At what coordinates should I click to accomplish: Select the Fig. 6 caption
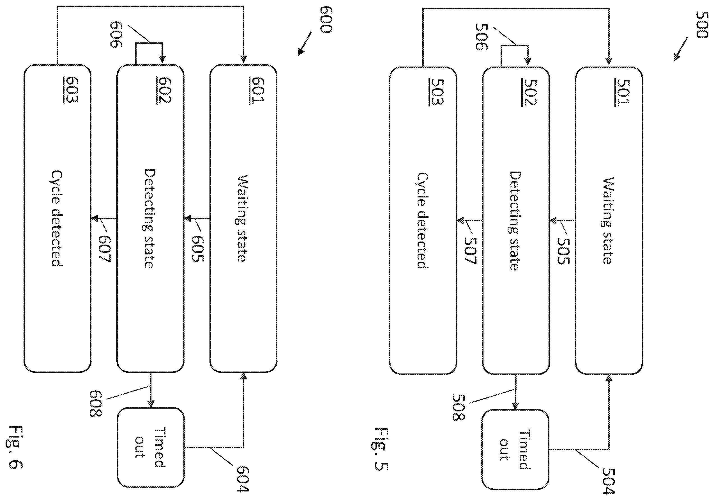tap(15, 447)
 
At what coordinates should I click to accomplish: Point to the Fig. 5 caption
tap(381, 449)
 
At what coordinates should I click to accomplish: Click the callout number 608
tap(95, 404)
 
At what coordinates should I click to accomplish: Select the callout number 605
tap(197, 249)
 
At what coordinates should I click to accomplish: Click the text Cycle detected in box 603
tap(57, 218)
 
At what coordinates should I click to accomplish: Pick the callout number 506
tap(482, 37)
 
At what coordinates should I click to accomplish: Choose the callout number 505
tap(563, 251)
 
